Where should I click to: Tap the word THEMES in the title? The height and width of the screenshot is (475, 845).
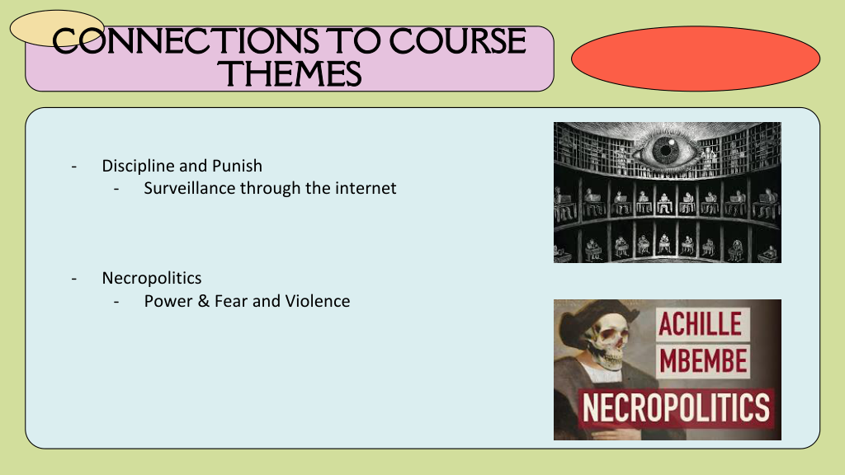[290, 73]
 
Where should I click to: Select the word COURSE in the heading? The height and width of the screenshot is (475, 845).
[457, 41]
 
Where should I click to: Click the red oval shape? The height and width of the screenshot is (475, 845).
[695, 59]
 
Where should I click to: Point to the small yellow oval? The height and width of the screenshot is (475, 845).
[57, 28]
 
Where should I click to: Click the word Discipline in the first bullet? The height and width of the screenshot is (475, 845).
[138, 166]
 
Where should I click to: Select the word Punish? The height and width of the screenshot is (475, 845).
[237, 165]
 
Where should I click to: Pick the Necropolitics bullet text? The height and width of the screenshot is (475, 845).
[152, 278]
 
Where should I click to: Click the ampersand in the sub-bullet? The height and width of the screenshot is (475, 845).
[203, 300]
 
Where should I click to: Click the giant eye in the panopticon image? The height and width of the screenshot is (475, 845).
[667, 148]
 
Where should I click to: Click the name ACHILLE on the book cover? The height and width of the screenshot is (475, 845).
[700, 324]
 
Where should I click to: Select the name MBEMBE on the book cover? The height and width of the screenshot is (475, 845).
[703, 360]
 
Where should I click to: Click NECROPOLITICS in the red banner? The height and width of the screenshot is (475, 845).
[677, 407]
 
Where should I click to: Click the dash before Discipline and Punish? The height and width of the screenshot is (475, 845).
[73, 167]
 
